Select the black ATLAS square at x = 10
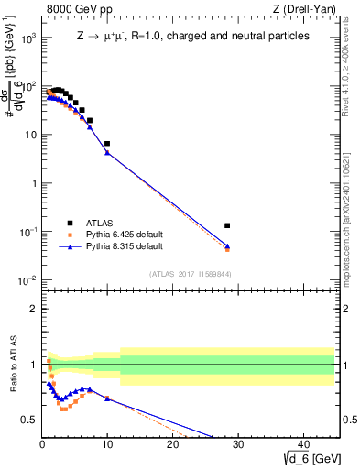[x=107, y=144]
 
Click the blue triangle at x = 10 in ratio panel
[x=107, y=398]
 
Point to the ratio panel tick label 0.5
[x=29, y=420]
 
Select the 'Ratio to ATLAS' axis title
[x=12, y=366]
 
